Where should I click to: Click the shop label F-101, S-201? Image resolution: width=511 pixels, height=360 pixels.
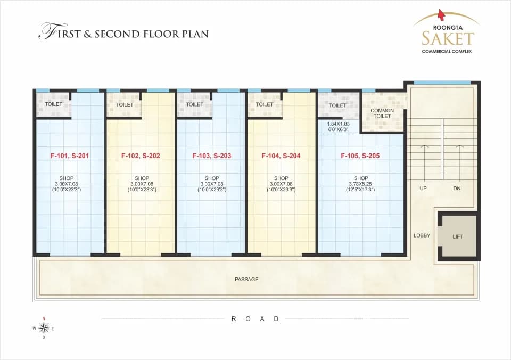(x=69, y=156)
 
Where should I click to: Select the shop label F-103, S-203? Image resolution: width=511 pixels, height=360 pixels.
(x=211, y=156)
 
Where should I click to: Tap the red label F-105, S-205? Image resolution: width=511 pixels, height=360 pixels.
(x=360, y=156)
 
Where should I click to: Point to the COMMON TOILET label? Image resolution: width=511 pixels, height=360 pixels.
(x=382, y=113)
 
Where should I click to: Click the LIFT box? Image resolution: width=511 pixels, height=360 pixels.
(x=458, y=236)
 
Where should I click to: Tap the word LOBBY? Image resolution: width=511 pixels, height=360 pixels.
(x=422, y=235)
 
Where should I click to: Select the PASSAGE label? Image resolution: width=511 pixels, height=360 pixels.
(x=246, y=280)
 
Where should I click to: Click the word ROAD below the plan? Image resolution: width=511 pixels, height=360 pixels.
(x=255, y=319)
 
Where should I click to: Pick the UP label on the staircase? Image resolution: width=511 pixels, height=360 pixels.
(x=423, y=188)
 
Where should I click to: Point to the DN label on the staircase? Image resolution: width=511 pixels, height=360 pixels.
(x=457, y=188)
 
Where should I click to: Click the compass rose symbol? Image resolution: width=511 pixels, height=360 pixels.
(x=43, y=328)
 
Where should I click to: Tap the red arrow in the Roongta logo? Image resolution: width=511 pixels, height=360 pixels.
(x=442, y=15)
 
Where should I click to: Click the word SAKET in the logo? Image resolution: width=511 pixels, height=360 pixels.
(x=448, y=38)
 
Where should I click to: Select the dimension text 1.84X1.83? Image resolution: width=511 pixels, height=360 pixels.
(x=339, y=124)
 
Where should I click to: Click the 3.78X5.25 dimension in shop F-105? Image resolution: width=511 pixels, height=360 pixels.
(x=360, y=184)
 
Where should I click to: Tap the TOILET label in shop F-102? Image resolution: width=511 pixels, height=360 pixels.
(x=125, y=105)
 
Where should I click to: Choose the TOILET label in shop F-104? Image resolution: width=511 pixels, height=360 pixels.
(x=265, y=104)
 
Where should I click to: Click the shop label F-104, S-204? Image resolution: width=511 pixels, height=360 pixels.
(x=281, y=156)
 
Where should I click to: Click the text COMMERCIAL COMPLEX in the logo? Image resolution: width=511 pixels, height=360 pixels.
(x=447, y=51)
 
